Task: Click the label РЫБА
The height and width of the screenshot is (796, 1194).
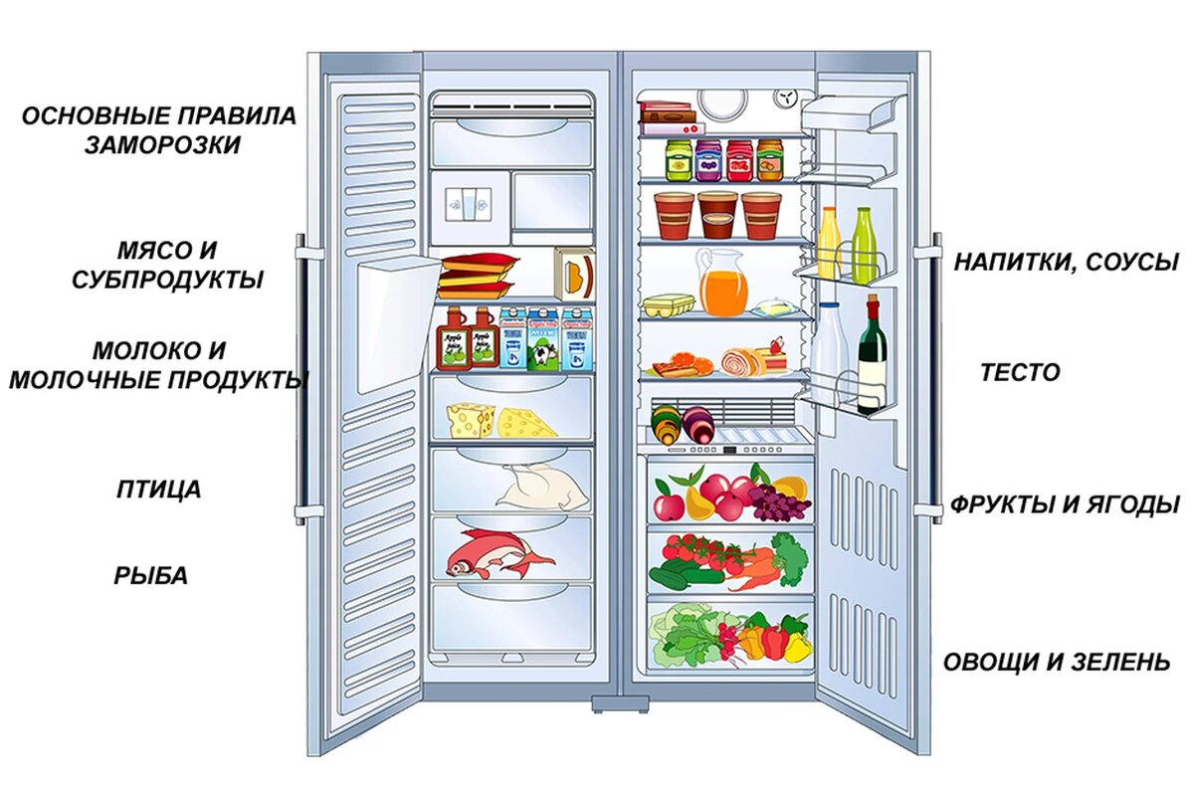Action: point(150,575)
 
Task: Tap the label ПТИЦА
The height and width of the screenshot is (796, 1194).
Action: point(159,490)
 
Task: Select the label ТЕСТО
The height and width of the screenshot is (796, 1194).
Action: point(1020,373)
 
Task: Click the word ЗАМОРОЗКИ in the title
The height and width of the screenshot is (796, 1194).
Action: point(162,144)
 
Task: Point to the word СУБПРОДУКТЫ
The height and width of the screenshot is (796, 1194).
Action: point(167,280)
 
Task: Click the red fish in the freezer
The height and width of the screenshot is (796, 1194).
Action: point(496,552)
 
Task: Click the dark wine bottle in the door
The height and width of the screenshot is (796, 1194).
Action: point(873,355)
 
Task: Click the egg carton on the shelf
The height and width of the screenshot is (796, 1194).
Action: point(667,305)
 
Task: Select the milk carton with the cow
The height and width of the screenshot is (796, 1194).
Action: point(543,341)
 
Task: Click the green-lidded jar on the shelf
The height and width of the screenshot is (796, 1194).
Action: point(679,160)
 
